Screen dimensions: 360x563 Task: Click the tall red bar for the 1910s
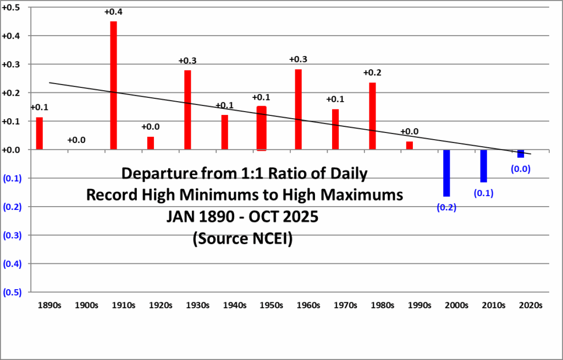[x=113, y=85]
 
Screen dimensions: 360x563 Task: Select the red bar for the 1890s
[x=39, y=134]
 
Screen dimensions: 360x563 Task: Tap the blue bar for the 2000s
[x=446, y=173]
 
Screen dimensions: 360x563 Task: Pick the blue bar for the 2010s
[x=484, y=166]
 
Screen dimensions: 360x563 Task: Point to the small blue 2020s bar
[x=521, y=154]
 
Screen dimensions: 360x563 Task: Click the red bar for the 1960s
[x=299, y=109]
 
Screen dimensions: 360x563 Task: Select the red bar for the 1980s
[x=372, y=116]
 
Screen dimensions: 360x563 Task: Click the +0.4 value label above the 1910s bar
[x=113, y=12]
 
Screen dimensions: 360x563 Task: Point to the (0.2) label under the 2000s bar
[x=446, y=207]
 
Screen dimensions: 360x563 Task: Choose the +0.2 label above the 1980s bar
[x=372, y=73]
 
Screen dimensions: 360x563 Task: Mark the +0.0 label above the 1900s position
[x=76, y=140]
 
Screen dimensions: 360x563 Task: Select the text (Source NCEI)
[x=242, y=240]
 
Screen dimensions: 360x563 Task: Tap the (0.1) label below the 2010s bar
[x=483, y=193]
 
